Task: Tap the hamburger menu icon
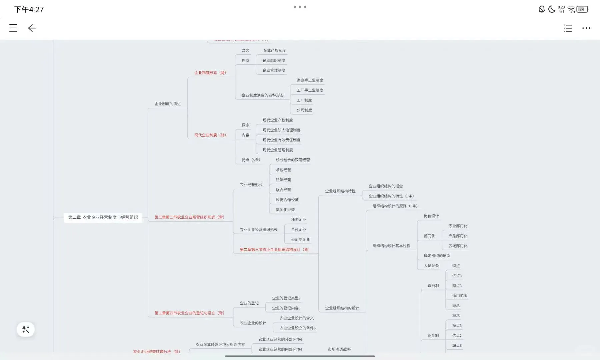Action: pyautogui.click(x=13, y=28)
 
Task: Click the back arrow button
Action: pyautogui.click(x=32, y=28)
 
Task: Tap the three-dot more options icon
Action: pyautogui.click(x=586, y=28)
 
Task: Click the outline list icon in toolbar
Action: pyautogui.click(x=567, y=28)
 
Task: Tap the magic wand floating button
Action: pyautogui.click(x=26, y=329)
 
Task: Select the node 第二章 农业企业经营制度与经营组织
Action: pyautogui.click(x=103, y=217)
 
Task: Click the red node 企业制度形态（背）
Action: pyautogui.click(x=210, y=73)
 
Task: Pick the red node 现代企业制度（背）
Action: pyautogui.click(x=210, y=135)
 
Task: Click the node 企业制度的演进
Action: pyautogui.click(x=167, y=104)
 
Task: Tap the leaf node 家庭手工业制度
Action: pyautogui.click(x=310, y=80)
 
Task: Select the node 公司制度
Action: pyautogui.click(x=304, y=110)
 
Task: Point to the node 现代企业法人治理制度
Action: pyautogui.click(x=281, y=130)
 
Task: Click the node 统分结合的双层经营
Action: pyautogui.click(x=293, y=160)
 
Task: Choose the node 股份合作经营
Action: pyautogui.click(x=287, y=200)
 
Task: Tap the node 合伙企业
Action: pyautogui.click(x=298, y=230)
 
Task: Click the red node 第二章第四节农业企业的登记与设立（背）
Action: pyautogui.click(x=189, y=313)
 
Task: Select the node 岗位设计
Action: pyautogui.click(x=431, y=216)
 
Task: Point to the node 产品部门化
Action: pyautogui.click(x=458, y=236)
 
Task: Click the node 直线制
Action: pyautogui.click(x=433, y=286)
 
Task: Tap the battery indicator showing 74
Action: pyautogui.click(x=582, y=9)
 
